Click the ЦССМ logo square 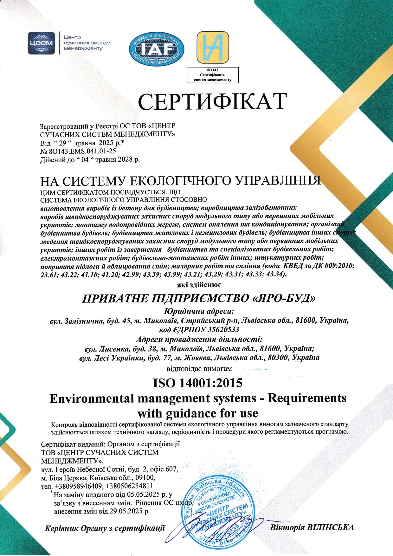pos(41,43)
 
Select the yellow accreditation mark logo pos(212,47)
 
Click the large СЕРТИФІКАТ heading pos(212,101)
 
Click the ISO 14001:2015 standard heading pos(197,383)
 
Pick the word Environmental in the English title pos(92,398)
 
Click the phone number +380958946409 pos(79,486)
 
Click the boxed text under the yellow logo pos(212,75)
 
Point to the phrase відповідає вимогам pos(199,369)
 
